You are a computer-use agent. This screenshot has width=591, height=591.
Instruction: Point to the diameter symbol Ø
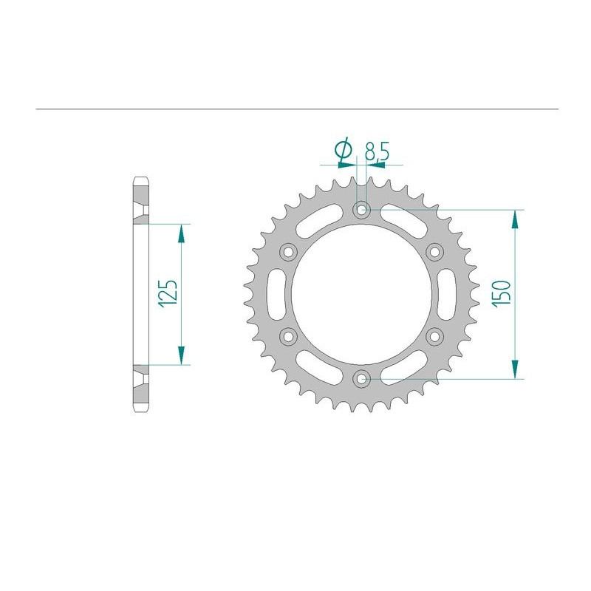click(x=342, y=151)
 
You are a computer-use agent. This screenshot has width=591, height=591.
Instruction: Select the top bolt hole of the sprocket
click(x=361, y=210)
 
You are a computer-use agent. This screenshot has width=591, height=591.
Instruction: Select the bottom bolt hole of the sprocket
click(x=361, y=379)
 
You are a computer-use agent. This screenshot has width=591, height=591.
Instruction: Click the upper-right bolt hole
click(x=434, y=252)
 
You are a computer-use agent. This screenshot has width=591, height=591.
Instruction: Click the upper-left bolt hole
click(x=288, y=252)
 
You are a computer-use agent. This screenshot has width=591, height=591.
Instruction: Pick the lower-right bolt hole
click(x=434, y=337)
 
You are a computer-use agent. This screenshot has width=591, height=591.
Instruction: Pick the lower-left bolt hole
click(x=288, y=337)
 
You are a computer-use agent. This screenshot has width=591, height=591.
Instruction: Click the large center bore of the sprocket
click(x=361, y=294)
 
